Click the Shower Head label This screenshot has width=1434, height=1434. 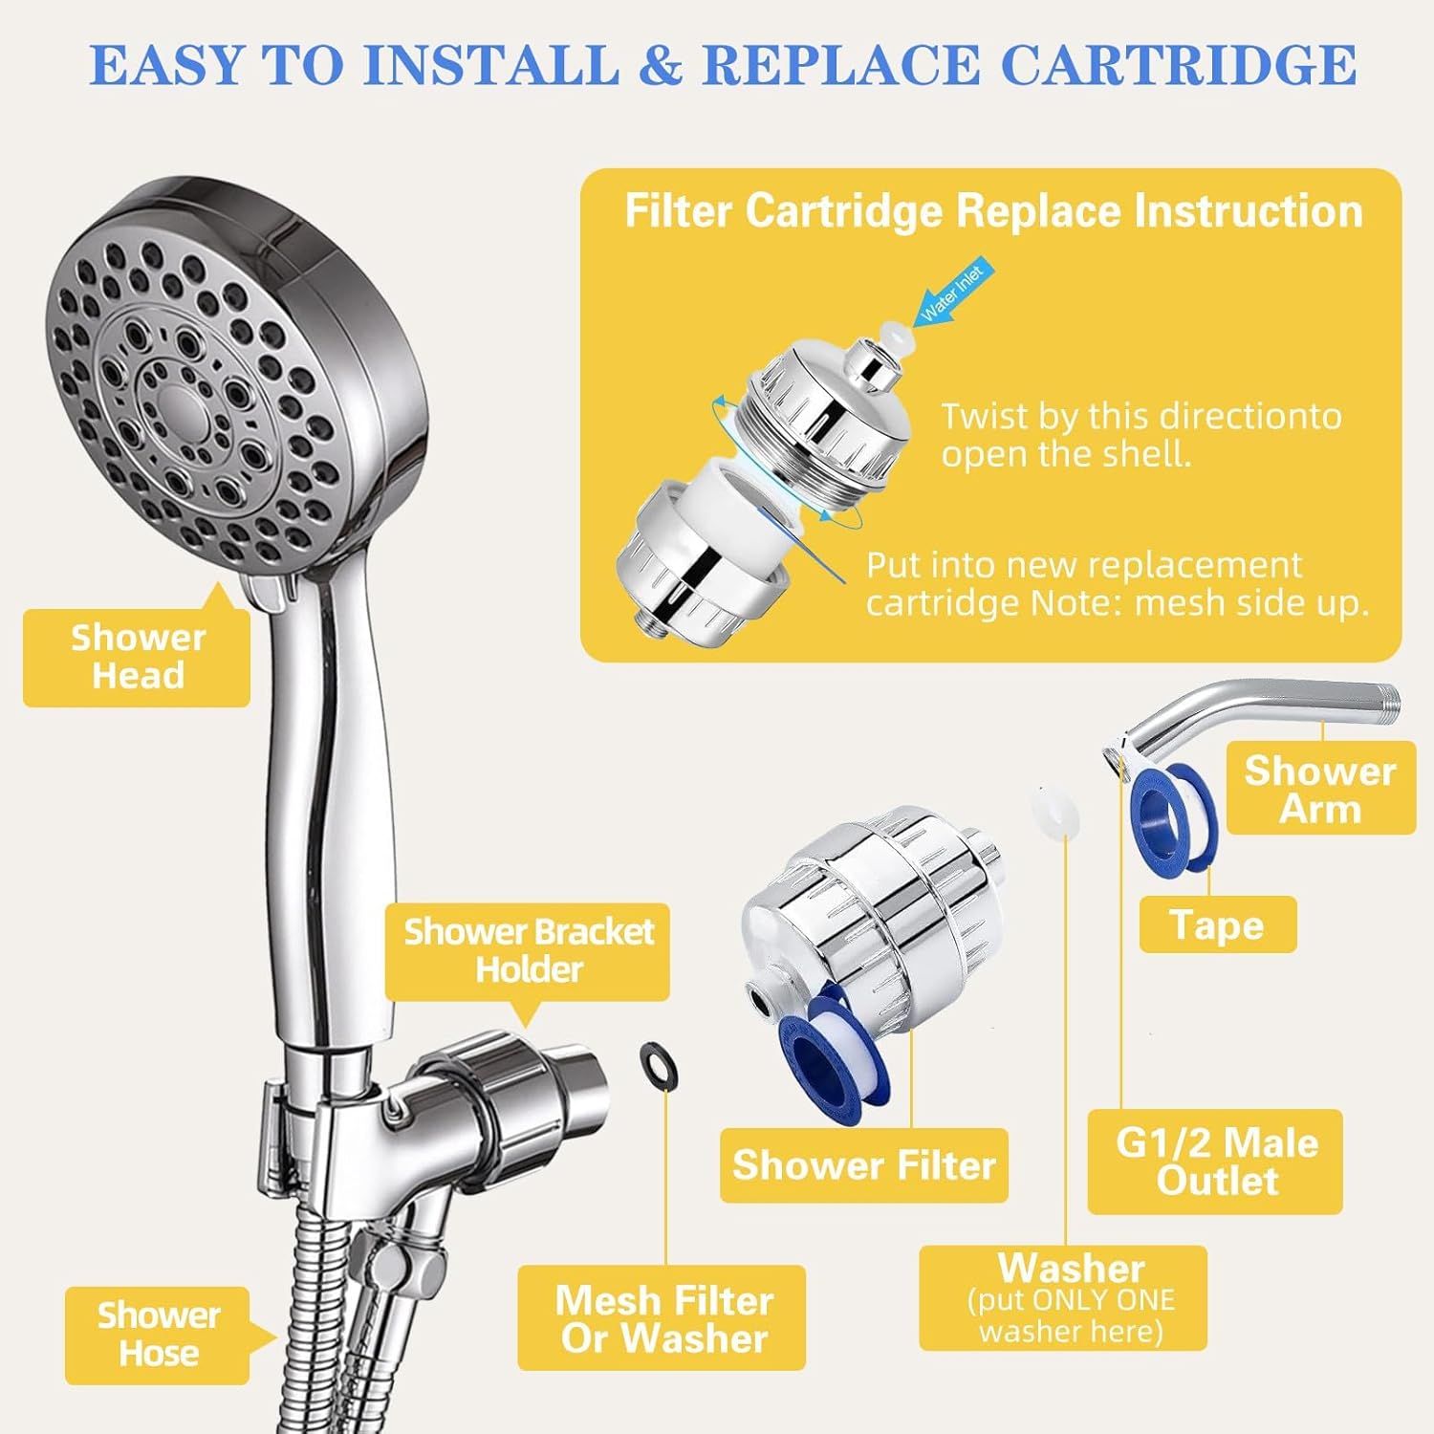click(137, 657)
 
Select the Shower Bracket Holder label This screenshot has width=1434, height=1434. click(528, 950)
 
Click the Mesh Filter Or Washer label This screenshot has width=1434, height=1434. click(663, 1318)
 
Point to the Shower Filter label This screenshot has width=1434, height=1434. click(863, 1165)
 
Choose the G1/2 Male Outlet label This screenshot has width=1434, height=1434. click(1215, 1162)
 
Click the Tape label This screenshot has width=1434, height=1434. click(1217, 924)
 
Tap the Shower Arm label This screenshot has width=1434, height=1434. click(1319, 789)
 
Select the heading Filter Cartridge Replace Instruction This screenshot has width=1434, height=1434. click(992, 211)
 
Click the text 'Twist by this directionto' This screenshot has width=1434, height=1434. click(1141, 417)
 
